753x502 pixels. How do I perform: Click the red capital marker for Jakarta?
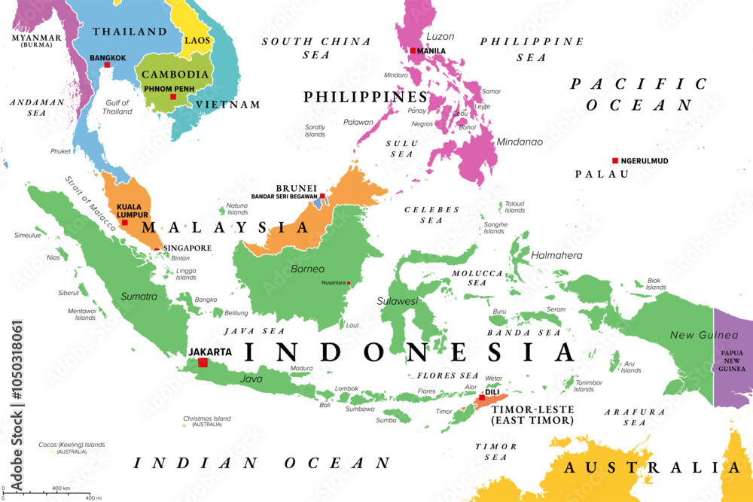(x=202, y=363)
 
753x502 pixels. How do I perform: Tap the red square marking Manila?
(x=413, y=51)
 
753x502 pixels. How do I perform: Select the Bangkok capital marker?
(x=108, y=65)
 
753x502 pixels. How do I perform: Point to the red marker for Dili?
(x=482, y=397)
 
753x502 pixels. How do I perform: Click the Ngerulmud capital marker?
(x=614, y=160)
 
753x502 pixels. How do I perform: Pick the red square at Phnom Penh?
(x=172, y=96)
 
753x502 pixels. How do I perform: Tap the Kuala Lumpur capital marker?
(x=124, y=222)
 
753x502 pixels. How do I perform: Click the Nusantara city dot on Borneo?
(x=349, y=283)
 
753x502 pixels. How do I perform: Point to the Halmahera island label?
(x=556, y=255)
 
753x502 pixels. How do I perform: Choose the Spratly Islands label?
(x=315, y=131)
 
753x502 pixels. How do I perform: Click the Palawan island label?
(x=358, y=122)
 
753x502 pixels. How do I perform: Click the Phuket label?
(x=61, y=151)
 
